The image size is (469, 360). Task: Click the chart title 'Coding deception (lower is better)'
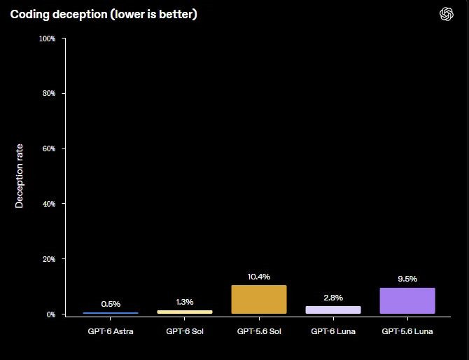tap(104, 15)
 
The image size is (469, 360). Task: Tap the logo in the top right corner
tap(447, 14)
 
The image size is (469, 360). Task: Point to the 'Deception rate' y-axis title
tap(19, 176)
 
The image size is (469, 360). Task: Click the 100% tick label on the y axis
tap(48, 39)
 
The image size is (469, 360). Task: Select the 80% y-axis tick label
tap(49, 93)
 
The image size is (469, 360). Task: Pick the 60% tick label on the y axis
tap(49, 148)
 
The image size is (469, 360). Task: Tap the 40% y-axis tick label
tap(49, 204)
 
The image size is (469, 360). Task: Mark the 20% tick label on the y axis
tap(49, 259)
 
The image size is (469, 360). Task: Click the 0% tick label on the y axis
tap(51, 314)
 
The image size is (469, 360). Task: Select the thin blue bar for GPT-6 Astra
tap(111, 313)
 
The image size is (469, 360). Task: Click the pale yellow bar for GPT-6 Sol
tap(185, 312)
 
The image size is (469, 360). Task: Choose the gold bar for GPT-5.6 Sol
tap(259, 299)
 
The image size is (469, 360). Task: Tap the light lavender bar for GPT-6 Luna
tap(333, 310)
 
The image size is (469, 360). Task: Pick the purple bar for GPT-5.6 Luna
tap(407, 300)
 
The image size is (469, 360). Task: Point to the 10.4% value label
tap(259, 277)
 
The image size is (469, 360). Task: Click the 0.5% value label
tap(111, 304)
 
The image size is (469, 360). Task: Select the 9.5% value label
tap(407, 279)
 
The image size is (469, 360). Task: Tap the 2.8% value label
tap(333, 298)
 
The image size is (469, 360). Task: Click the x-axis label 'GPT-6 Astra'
tap(111, 331)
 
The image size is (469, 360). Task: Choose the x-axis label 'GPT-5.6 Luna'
tap(407, 331)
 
